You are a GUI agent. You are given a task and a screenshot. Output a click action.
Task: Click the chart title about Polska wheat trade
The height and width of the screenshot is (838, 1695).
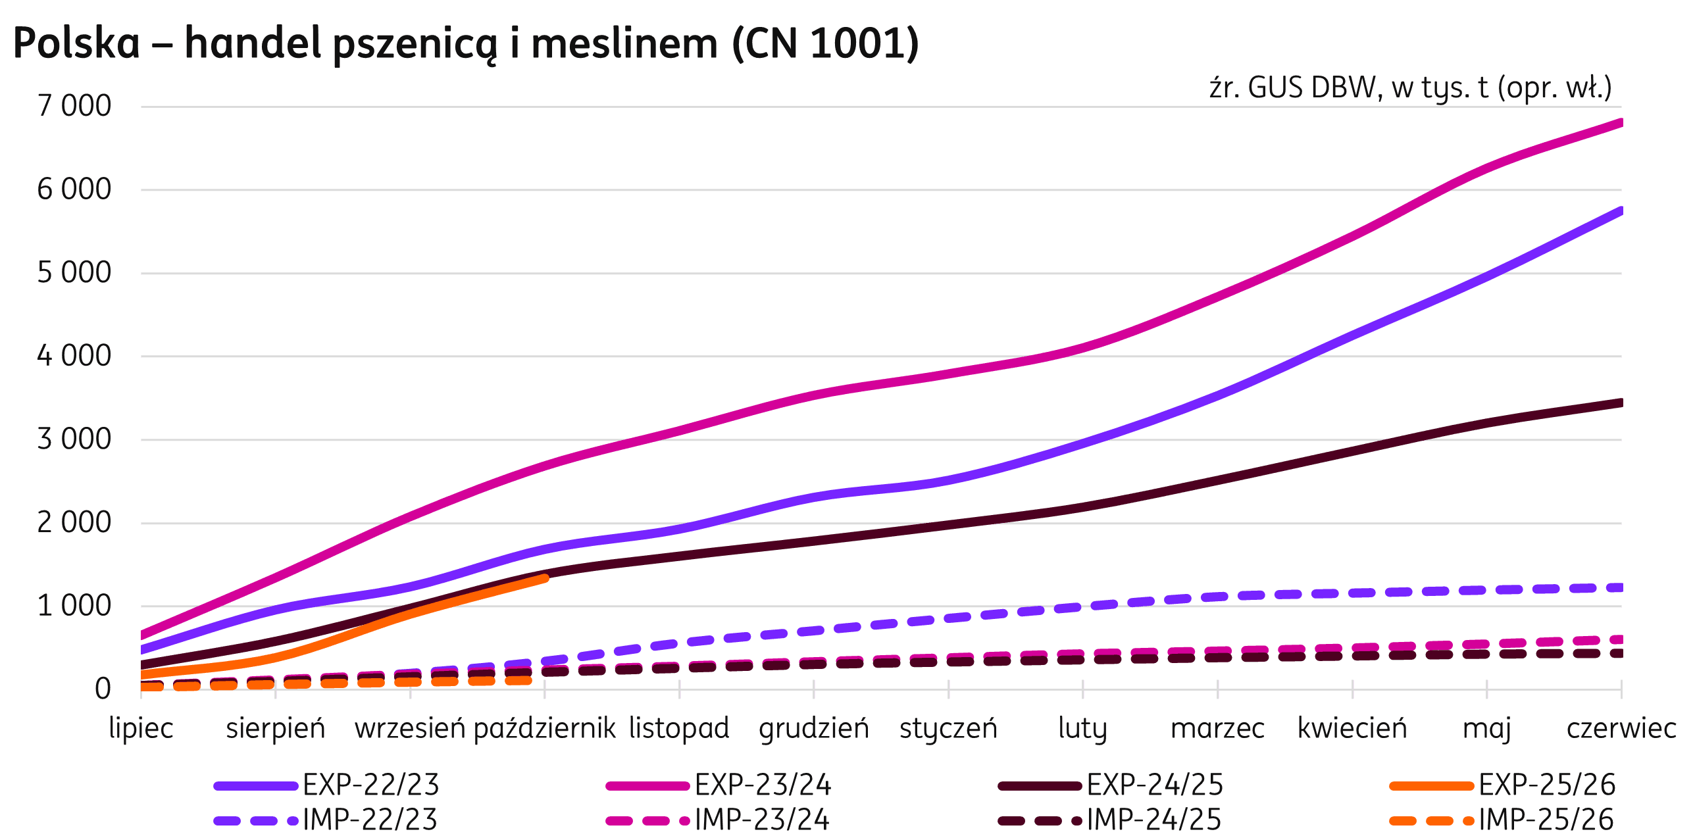pos(465,44)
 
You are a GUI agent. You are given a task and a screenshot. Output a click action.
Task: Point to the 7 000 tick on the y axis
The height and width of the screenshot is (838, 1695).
pos(74,106)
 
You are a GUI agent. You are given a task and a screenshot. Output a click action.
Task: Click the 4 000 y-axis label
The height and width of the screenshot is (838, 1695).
pos(74,356)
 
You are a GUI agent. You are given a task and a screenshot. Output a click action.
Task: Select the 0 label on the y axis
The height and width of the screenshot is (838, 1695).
pos(103,689)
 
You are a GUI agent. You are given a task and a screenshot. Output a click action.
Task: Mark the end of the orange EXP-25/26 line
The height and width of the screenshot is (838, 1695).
pos(545,578)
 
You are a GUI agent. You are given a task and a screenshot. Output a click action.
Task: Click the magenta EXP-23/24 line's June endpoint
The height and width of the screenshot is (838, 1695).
pos(1620,123)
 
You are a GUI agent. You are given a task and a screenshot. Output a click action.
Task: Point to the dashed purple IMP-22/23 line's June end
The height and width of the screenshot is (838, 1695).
pos(1619,587)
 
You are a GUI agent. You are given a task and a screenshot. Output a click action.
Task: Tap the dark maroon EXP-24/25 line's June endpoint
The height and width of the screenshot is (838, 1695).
pos(1620,403)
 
